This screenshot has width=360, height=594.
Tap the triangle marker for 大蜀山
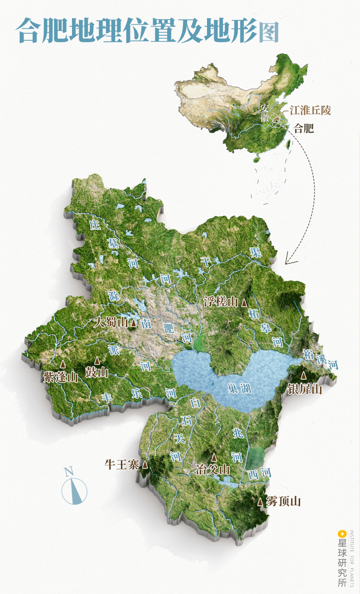(x=134, y=323)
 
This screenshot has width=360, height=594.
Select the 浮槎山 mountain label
(x=221, y=302)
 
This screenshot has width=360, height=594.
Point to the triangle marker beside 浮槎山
(x=244, y=303)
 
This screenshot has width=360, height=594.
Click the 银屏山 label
(x=305, y=389)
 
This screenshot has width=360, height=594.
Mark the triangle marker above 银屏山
(x=303, y=376)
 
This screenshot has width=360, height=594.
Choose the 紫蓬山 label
(x=61, y=377)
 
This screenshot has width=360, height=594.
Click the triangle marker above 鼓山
(x=97, y=361)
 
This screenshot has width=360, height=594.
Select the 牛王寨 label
(x=122, y=464)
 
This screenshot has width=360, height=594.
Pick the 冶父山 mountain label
(x=213, y=470)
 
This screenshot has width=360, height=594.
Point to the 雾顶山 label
(x=283, y=501)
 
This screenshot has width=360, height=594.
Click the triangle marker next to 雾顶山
(x=260, y=502)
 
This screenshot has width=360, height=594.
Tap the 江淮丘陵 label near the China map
(x=310, y=110)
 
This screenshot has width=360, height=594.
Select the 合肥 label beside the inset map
(x=304, y=128)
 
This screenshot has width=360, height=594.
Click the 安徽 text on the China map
(x=265, y=113)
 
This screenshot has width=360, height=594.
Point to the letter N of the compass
(x=69, y=472)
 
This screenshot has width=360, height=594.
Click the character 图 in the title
(x=269, y=32)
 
